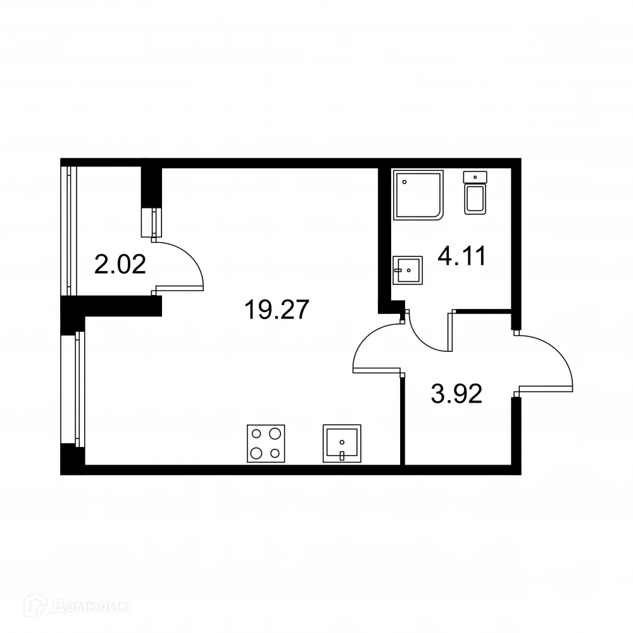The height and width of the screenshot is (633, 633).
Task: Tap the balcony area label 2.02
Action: point(120,264)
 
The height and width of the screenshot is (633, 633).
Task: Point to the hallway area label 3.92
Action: point(456,394)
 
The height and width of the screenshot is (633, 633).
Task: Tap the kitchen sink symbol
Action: point(342,443)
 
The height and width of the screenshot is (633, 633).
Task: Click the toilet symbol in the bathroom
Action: point(476,192)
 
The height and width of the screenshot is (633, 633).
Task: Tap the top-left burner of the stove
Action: point(256,434)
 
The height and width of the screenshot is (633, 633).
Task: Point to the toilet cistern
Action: point(476,176)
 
